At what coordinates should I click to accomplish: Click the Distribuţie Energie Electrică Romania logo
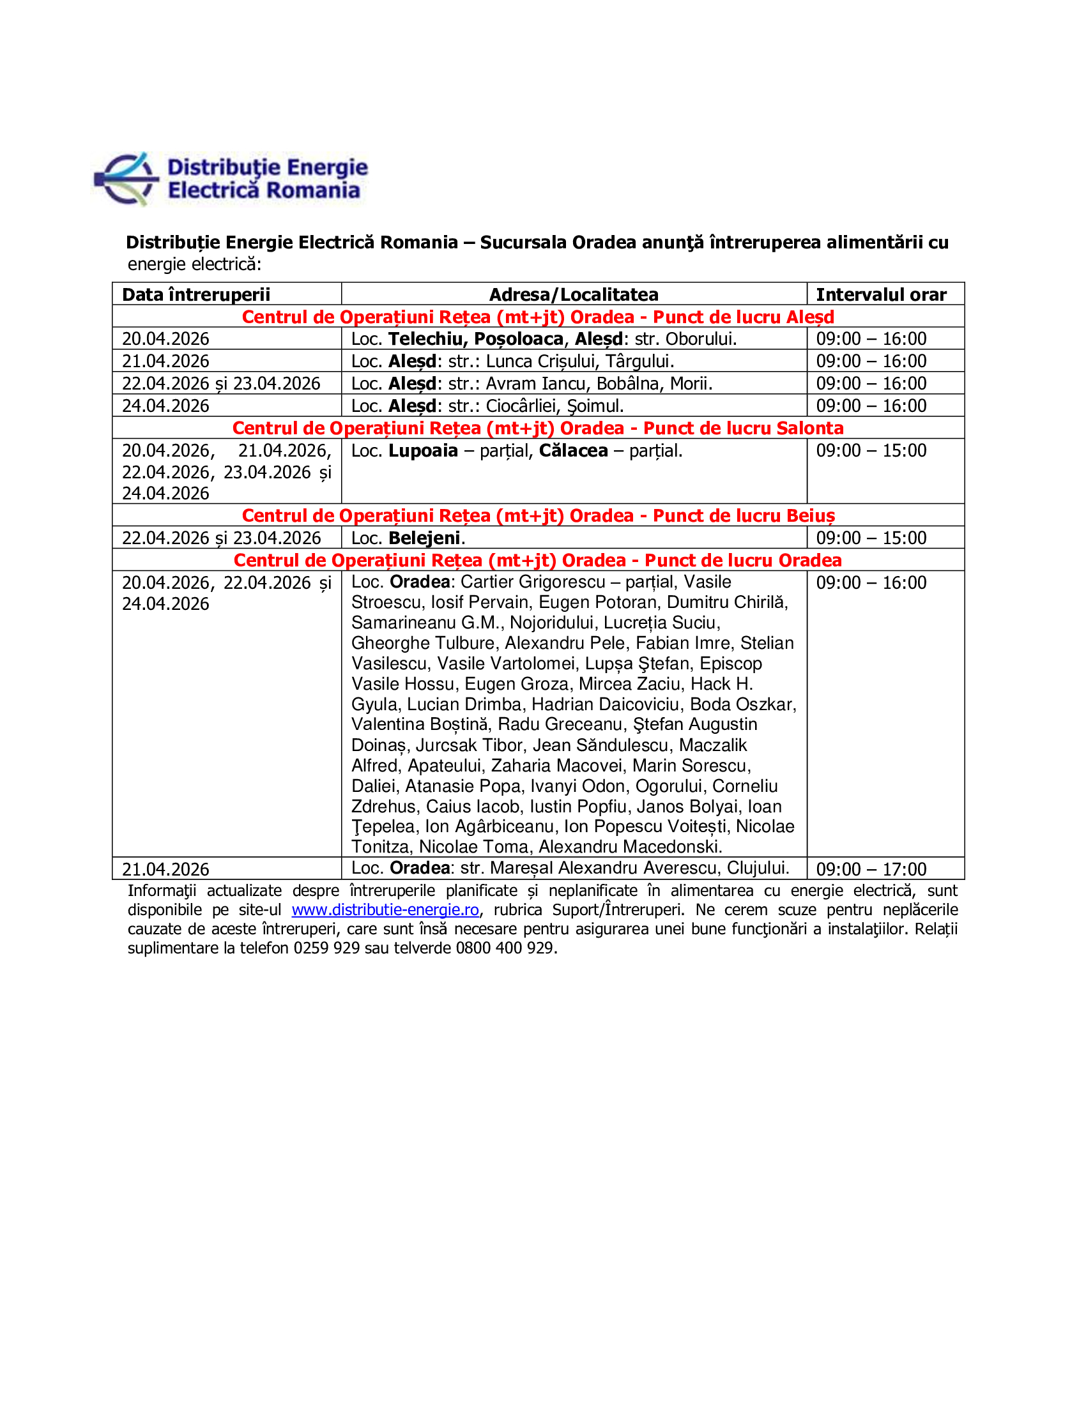pyautogui.click(x=232, y=179)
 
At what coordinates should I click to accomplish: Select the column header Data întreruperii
pyautogui.click(x=195, y=294)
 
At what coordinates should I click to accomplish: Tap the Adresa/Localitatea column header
pyautogui.click(x=573, y=294)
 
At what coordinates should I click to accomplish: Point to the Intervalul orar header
pyautogui.click(x=881, y=294)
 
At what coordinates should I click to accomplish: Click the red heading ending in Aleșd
pyautogui.click(x=538, y=317)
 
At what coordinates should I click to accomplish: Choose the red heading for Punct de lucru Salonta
pyautogui.click(x=538, y=429)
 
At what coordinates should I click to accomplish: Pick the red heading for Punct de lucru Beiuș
pyautogui.click(x=538, y=516)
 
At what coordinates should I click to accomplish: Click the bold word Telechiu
pyautogui.click(x=427, y=339)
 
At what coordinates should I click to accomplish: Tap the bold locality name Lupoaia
pyautogui.click(x=423, y=451)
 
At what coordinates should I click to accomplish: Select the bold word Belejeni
pyautogui.click(x=425, y=538)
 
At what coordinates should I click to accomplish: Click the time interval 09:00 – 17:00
pyautogui.click(x=871, y=869)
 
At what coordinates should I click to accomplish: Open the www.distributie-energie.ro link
pyautogui.click(x=385, y=909)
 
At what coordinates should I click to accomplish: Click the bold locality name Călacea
pyautogui.click(x=572, y=451)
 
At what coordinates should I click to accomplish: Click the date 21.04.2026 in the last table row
pyautogui.click(x=165, y=869)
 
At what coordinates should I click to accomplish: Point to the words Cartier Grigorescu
pyautogui.click(x=533, y=582)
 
